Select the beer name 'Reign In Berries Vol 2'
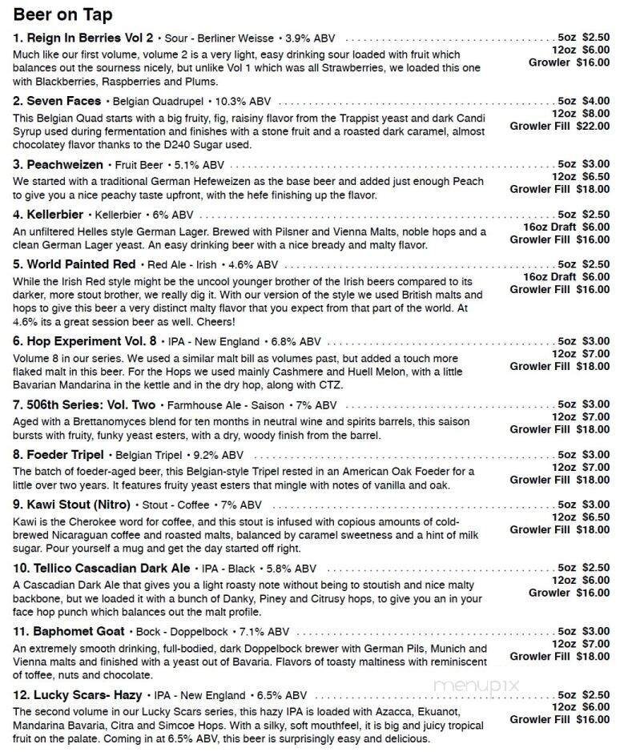(x=83, y=38)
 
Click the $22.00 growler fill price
(x=593, y=126)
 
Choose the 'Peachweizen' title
(x=58, y=164)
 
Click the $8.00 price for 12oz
(x=595, y=113)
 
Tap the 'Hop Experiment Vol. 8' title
(x=85, y=340)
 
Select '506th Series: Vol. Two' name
(x=84, y=404)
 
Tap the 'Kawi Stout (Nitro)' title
(x=71, y=505)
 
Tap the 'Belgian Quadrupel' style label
(x=156, y=102)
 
